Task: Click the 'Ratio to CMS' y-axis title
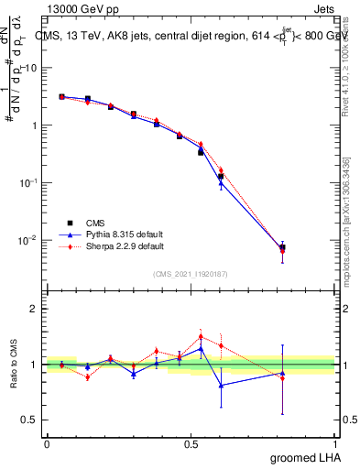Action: pyautogui.click(x=14, y=365)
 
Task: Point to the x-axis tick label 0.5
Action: pyautogui.click(x=191, y=443)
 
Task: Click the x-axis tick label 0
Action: pyautogui.click(x=47, y=443)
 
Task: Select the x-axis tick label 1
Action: pyautogui.click(x=335, y=443)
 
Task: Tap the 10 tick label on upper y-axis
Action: pyautogui.click(x=30, y=68)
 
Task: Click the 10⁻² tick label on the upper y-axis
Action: pyautogui.click(x=28, y=240)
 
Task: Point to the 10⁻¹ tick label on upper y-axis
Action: pyautogui.click(x=28, y=182)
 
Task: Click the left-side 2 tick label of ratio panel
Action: pyautogui.click(x=33, y=309)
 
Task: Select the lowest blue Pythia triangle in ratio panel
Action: pyautogui.click(x=220, y=385)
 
